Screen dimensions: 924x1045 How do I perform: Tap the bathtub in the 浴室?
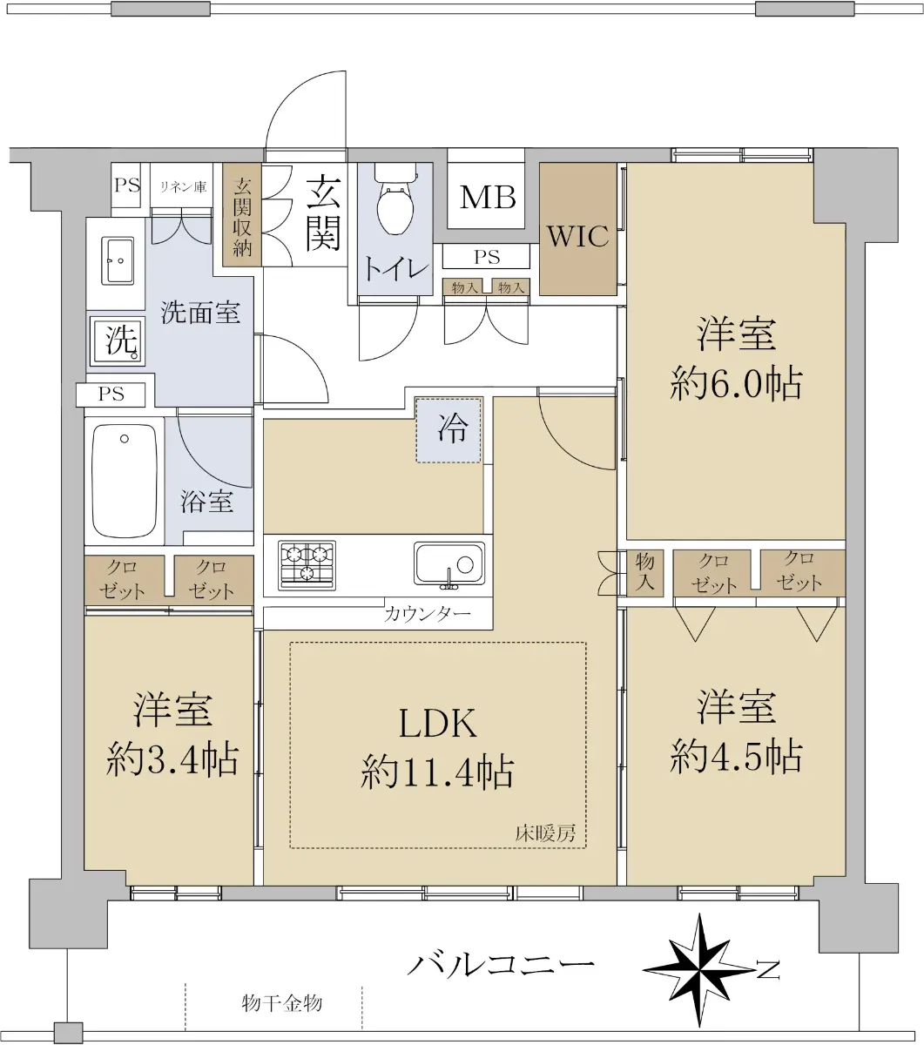click(x=125, y=481)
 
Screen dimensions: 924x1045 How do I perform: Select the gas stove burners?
click(x=307, y=565)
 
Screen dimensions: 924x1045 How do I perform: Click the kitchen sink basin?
click(x=449, y=565)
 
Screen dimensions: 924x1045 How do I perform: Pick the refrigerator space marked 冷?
click(x=449, y=429)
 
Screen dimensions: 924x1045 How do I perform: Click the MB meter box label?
click(x=488, y=197)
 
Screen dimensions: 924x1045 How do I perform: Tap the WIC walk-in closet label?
click(x=577, y=237)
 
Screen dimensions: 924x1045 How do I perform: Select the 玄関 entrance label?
click(x=323, y=212)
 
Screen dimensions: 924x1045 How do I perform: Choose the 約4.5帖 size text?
click(x=736, y=756)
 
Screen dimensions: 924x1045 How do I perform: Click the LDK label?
click(x=438, y=723)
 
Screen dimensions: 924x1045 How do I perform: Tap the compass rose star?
click(x=699, y=970)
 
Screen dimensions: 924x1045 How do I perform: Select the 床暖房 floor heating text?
click(x=545, y=833)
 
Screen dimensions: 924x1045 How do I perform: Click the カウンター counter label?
click(x=428, y=614)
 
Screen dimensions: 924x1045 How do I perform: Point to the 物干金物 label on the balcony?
click(x=282, y=1003)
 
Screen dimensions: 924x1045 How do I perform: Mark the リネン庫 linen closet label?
click(x=183, y=186)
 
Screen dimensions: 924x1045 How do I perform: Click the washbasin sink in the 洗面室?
click(x=118, y=260)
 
